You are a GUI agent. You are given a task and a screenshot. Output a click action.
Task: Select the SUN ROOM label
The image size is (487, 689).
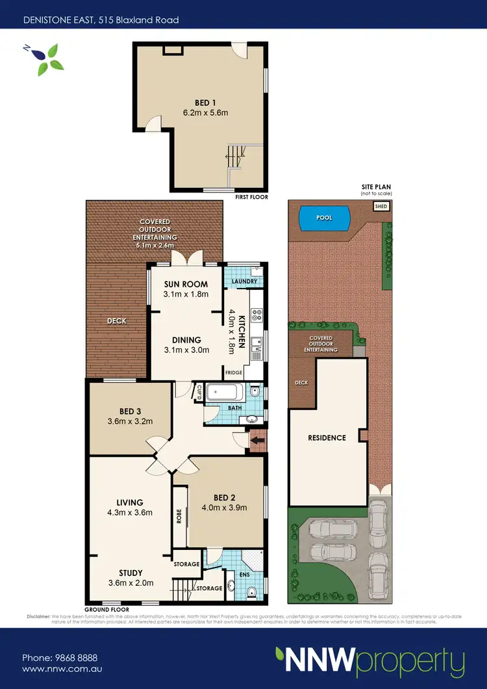(186, 284)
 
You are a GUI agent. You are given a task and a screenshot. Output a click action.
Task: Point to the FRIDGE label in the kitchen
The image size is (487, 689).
(233, 372)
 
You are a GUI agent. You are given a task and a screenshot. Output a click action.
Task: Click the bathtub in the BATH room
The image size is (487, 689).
(226, 393)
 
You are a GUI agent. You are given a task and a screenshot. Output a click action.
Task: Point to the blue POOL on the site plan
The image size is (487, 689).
(324, 218)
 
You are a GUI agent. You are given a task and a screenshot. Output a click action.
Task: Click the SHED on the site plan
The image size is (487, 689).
(381, 206)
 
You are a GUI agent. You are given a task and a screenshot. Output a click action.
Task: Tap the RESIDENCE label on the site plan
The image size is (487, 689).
(327, 437)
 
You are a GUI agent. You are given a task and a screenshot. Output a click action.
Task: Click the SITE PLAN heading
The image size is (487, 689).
(376, 187)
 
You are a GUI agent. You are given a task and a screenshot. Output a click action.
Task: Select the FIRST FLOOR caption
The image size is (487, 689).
(252, 197)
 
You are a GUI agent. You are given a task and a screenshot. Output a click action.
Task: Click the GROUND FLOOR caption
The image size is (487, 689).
(106, 609)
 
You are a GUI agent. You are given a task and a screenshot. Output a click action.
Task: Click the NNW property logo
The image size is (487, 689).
(369, 661)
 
